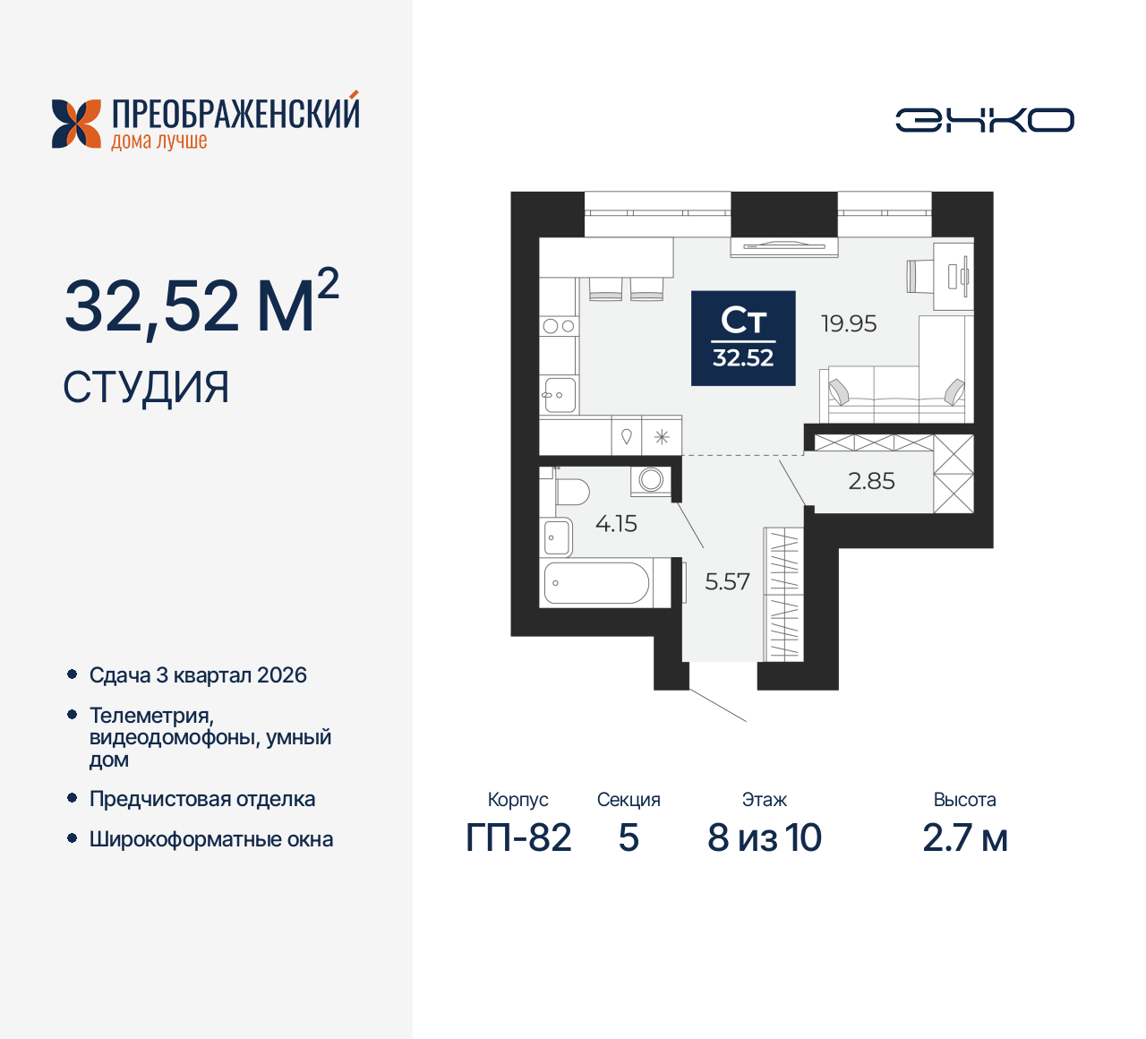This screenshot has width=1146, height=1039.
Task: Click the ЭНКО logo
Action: tap(984, 120)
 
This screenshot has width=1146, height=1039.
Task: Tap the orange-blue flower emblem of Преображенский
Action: tap(76, 124)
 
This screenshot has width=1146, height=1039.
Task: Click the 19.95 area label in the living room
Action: tap(849, 323)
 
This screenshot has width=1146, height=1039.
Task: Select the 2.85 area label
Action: tap(871, 481)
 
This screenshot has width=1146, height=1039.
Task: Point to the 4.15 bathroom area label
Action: tap(616, 523)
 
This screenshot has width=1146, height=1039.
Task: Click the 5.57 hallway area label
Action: tap(727, 581)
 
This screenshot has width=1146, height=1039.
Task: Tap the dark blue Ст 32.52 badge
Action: tap(743, 339)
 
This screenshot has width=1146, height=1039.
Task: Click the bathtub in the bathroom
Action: tap(596, 583)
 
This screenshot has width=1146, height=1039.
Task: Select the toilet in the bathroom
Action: tap(569, 492)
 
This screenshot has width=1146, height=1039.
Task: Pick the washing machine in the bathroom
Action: tap(650, 480)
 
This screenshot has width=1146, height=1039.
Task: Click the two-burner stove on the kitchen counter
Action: tap(559, 326)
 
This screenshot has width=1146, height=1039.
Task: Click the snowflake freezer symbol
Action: tap(662, 437)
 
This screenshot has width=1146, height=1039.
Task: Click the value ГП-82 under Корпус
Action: tap(518, 837)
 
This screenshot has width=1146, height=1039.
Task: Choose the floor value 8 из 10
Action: tap(764, 837)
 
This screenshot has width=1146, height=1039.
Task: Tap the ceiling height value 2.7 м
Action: tap(964, 837)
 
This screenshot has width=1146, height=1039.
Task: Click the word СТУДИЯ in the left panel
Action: tap(146, 387)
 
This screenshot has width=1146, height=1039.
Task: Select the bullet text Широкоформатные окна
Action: tap(211, 839)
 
